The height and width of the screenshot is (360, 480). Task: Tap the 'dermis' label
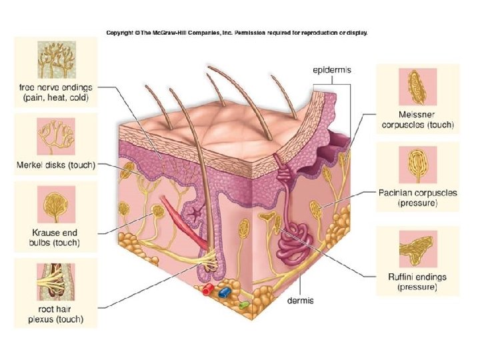coord(300,301)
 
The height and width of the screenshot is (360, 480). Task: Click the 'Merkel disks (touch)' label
coord(55,165)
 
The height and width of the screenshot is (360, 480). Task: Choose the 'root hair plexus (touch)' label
coord(55,314)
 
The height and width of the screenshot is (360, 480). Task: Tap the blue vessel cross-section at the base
coord(224,291)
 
